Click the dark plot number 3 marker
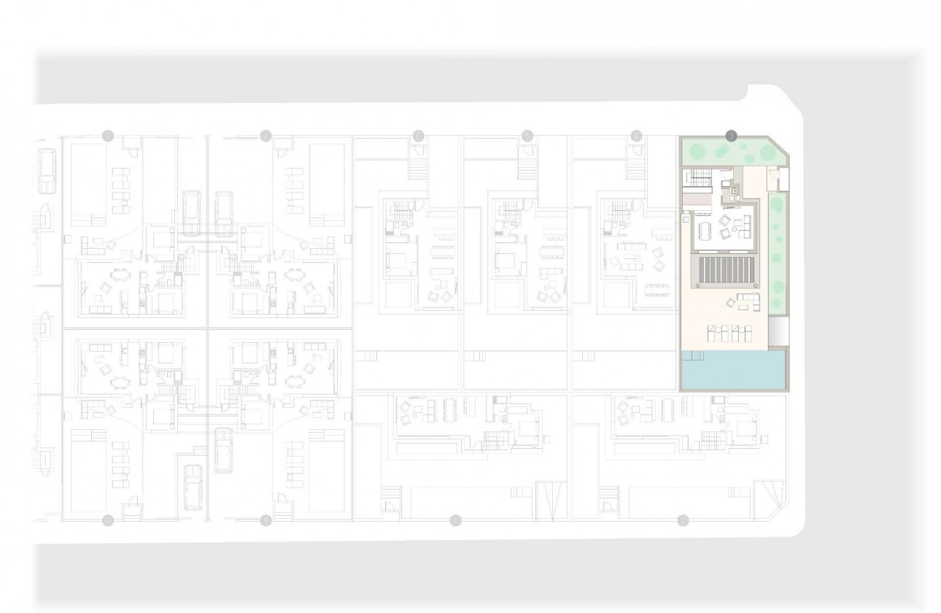pyautogui.click(x=732, y=135)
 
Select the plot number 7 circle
pyautogui.click(x=266, y=135)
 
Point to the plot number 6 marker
pyautogui.click(x=418, y=135)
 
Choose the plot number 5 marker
pyautogui.click(x=527, y=135)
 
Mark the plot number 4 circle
pyautogui.click(x=637, y=135)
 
